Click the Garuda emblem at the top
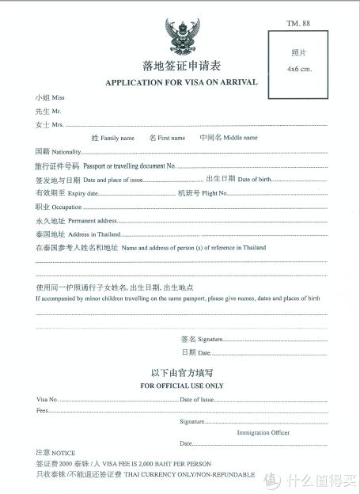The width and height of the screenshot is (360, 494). [x=182, y=36]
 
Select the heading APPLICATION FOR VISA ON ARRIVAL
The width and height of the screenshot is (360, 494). [x=181, y=83]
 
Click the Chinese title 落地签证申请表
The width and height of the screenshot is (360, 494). [x=181, y=67]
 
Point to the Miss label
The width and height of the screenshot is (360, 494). [x=57, y=98]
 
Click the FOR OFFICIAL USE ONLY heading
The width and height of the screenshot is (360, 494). [x=182, y=386]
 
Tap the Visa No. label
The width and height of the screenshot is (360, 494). [x=47, y=399]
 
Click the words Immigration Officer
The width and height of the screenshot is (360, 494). [x=263, y=433]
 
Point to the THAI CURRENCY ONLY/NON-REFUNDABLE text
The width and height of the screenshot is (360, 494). [x=189, y=474]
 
